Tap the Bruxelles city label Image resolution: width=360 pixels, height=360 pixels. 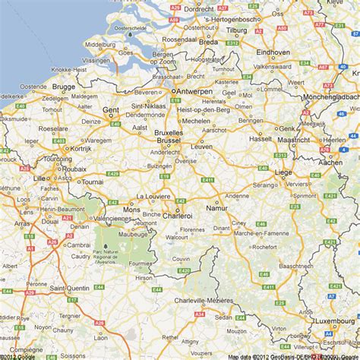click(169, 131)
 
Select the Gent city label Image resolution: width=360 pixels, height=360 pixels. click(111, 110)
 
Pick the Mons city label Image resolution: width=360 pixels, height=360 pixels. click(132, 208)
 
